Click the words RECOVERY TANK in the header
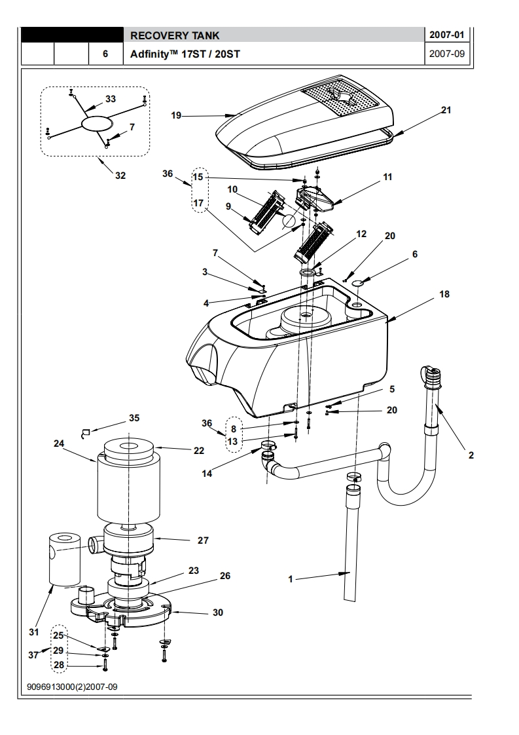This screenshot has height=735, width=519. pos(174,35)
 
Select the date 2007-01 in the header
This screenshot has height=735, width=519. pos(447,35)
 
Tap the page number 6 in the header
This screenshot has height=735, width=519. pos(105,54)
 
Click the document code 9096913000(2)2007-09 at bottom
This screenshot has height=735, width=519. pos(72,687)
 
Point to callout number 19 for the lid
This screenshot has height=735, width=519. pos(176,115)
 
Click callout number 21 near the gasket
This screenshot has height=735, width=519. pos(446,109)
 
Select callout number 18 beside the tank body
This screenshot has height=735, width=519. pos(444,294)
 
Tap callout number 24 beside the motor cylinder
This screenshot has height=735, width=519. pos(58,443)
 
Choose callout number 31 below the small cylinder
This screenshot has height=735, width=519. pos(34,632)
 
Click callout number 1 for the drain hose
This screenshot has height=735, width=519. pos(291,579)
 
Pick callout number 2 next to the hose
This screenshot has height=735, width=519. pos(471,455)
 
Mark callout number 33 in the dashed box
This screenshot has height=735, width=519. pos(111,99)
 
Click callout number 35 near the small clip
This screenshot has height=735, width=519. pos(134,418)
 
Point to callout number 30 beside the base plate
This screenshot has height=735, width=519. pos(218,612)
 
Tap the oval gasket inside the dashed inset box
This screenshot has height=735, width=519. pos(98,122)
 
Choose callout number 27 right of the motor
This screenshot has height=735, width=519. pos(203,540)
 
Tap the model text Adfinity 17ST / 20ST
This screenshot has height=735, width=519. pos(185,54)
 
